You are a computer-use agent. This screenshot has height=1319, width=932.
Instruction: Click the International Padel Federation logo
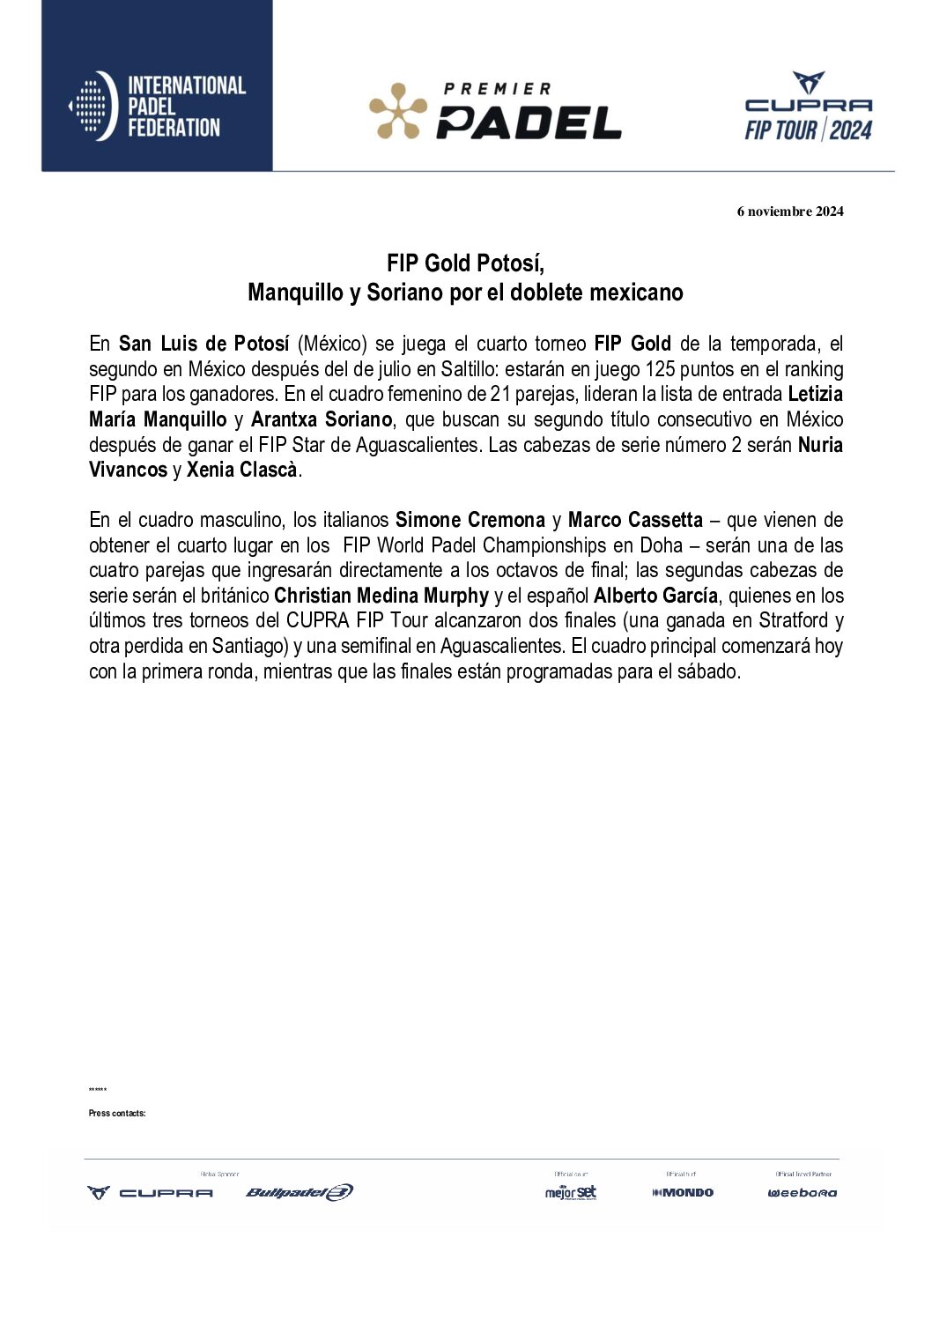tap(157, 106)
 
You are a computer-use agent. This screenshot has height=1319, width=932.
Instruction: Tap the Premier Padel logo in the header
tap(495, 111)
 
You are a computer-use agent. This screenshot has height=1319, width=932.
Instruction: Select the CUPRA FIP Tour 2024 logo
tap(808, 107)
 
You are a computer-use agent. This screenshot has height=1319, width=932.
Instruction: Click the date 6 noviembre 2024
tap(790, 211)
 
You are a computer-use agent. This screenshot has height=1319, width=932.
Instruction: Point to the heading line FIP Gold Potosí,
tap(465, 263)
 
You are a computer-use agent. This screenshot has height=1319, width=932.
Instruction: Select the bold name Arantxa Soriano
tap(321, 419)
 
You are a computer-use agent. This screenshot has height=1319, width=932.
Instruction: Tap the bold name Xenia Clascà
tap(241, 470)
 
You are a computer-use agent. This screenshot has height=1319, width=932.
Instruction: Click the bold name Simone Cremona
tap(470, 520)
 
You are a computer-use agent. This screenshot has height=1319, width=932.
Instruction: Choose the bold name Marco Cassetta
tap(635, 520)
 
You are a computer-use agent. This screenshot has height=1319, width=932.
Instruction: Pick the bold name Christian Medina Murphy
tap(381, 596)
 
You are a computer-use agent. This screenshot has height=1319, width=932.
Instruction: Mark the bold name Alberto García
tap(655, 596)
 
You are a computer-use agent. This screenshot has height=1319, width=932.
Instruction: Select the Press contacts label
tap(117, 1114)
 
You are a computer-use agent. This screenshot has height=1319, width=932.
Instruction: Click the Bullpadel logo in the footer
tap(300, 1192)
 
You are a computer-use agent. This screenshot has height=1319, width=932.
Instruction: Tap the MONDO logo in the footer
tap(683, 1192)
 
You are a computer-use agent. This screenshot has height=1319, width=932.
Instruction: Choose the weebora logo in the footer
tap(802, 1193)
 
